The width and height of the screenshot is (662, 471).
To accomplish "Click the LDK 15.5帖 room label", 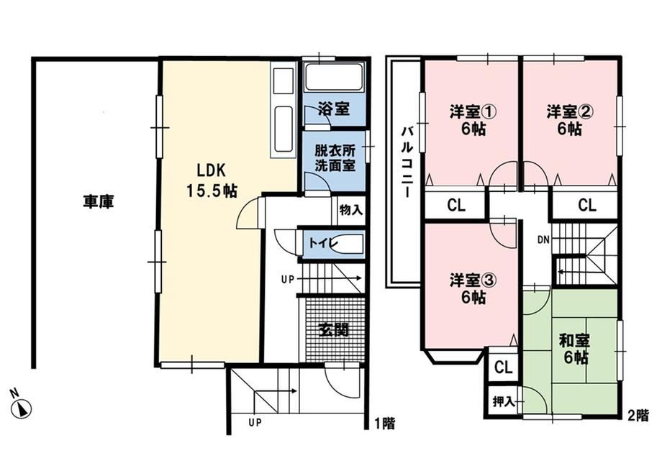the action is coord(212,180).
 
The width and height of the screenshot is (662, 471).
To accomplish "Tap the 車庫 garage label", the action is coord(99,202).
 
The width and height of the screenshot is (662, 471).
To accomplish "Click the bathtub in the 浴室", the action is coord(334,77).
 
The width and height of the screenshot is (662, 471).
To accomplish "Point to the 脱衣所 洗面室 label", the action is coord(335,158).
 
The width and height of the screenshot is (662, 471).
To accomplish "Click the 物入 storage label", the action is coord(351,210).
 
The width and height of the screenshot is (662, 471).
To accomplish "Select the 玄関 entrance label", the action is coord(335,329).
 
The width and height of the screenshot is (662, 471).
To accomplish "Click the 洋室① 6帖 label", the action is coord(473,120).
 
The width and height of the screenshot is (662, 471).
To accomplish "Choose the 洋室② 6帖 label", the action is coord(570,120).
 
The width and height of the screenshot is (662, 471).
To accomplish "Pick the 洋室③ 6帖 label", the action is coord(473,289).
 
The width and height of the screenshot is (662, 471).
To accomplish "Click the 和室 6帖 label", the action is coord(575,349).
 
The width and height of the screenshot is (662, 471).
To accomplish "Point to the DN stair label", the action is coord(543,239).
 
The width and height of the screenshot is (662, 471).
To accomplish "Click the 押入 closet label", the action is coord(504,402).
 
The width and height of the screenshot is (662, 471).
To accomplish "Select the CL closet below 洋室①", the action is coord(456,206).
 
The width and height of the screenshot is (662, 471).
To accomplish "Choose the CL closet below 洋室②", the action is coord(587,206).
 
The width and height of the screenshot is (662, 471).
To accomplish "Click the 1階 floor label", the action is coord(385,424).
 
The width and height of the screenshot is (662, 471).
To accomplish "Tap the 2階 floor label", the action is coord(638,416).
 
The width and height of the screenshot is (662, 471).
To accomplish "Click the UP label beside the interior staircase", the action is coord(288,280).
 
